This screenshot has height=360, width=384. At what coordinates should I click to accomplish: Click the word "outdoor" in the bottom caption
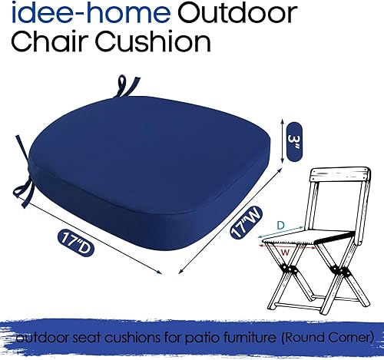(x=39, y=337)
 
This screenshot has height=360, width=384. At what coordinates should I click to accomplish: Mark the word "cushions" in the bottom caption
(x=123, y=337)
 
